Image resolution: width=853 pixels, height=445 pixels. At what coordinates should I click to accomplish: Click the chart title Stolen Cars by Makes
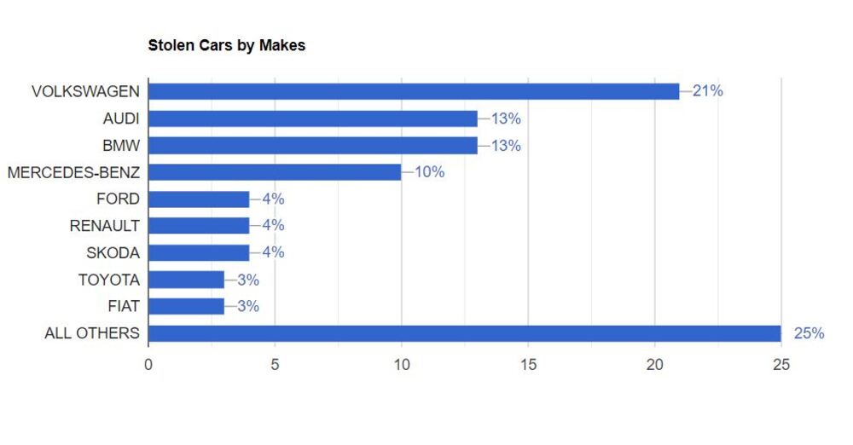[226, 45]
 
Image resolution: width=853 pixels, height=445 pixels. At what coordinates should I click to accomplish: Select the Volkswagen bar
[414, 91]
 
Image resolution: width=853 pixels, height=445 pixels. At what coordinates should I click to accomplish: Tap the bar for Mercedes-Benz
[275, 172]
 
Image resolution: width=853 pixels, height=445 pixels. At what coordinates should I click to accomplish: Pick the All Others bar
[465, 333]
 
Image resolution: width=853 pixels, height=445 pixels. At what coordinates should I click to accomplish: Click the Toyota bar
[186, 280]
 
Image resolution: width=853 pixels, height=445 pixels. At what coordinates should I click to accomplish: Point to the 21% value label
[707, 91]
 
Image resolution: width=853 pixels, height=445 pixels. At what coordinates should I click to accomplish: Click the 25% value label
[809, 333]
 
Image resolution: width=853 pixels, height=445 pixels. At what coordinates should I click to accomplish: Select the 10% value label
[429, 172]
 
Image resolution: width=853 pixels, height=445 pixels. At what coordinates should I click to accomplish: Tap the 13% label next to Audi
[505, 118]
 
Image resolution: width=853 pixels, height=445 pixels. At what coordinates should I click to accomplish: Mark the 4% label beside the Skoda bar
[273, 252]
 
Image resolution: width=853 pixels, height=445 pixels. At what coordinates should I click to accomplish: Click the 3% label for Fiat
[247, 306]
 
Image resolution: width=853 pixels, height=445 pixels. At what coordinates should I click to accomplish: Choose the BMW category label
[120, 145]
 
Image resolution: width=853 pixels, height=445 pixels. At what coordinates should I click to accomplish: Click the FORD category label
[119, 199]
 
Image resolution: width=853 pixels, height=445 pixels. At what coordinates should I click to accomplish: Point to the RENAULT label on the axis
[104, 226]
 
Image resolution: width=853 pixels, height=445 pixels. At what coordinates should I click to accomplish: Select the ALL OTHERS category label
[91, 333]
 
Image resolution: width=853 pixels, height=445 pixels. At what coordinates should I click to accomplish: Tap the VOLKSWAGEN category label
[85, 91]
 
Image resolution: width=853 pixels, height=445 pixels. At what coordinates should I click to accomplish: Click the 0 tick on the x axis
[148, 365]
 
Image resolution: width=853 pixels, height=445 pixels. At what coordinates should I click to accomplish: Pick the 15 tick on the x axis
[528, 365]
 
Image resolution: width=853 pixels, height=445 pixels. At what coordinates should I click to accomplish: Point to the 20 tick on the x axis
[654, 365]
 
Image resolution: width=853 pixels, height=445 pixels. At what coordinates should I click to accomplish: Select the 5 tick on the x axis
[275, 365]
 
